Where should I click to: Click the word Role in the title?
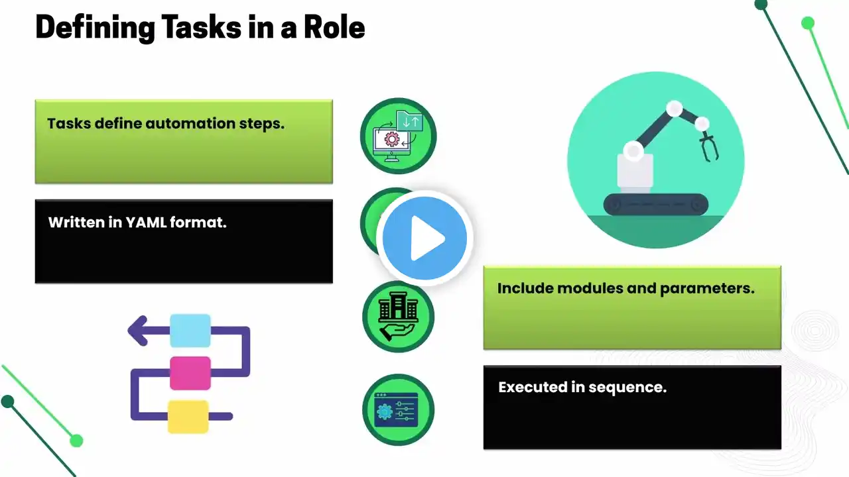[x=334, y=27]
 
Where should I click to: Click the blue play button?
[x=424, y=238]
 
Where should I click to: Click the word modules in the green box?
[x=590, y=288]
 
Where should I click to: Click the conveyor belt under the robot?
[x=656, y=205]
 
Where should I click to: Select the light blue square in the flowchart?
[x=190, y=331]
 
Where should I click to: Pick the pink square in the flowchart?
[x=190, y=373]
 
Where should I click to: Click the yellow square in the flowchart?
[x=188, y=417]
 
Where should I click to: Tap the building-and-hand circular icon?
[x=399, y=317]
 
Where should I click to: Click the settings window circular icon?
[x=399, y=409]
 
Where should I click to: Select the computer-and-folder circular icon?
[x=399, y=136]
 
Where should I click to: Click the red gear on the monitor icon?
[x=392, y=140]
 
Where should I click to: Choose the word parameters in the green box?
[x=707, y=288]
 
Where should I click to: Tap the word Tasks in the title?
[x=202, y=27]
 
